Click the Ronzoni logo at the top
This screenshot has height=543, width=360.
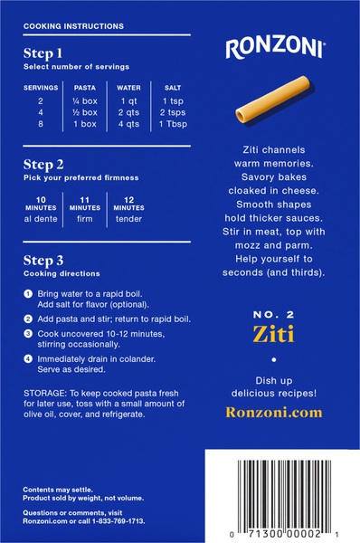[x=276, y=48]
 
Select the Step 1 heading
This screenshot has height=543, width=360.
[x=43, y=53]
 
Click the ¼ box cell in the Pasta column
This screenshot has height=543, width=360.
[x=85, y=101]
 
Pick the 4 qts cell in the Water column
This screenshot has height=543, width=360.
[x=128, y=124]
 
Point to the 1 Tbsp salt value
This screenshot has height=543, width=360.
[x=173, y=124]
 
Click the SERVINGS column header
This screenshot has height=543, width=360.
[x=41, y=88]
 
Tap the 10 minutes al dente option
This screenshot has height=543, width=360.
[x=41, y=210]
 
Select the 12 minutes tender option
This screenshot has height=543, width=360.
[x=128, y=210]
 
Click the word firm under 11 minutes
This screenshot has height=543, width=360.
[x=85, y=219]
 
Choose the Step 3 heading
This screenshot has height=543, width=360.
[x=43, y=261]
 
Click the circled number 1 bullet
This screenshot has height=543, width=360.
[x=28, y=294]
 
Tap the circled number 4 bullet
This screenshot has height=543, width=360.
[x=28, y=359]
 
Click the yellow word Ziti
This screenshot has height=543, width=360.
[x=273, y=334]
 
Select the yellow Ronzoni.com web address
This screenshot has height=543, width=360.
[x=274, y=413]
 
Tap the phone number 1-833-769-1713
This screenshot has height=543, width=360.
[x=118, y=521]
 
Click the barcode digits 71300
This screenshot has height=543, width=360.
[x=265, y=534]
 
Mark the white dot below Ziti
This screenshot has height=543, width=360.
[x=274, y=360]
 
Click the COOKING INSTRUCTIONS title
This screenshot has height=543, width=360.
[x=73, y=26]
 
